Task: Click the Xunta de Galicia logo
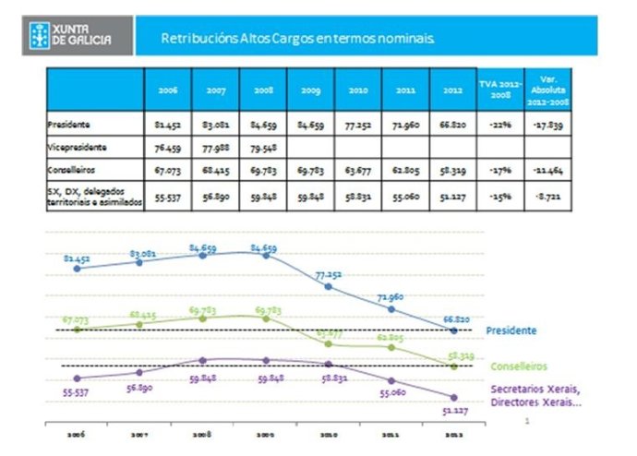(x=77, y=38)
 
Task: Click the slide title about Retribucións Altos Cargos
(x=298, y=40)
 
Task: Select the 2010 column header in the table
(x=357, y=91)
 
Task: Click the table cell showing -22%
(x=499, y=122)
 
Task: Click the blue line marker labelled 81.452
(x=77, y=269)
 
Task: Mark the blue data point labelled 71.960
(x=391, y=309)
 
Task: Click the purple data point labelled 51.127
(x=454, y=397)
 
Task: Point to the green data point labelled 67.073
(x=77, y=329)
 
